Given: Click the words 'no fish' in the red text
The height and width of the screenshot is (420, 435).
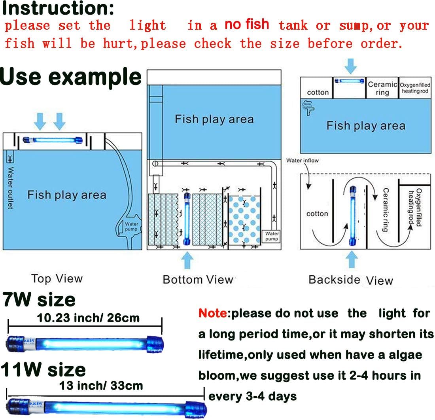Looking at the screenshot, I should (x=247, y=25).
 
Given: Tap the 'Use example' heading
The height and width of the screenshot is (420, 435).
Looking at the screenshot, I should (x=71, y=76).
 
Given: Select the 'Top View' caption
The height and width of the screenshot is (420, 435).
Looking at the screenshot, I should (x=57, y=278).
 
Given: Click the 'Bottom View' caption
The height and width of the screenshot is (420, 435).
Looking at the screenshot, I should (x=198, y=280).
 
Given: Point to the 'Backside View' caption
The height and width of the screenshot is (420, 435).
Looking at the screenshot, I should (x=350, y=280).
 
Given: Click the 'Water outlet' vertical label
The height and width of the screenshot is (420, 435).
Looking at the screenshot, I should (x=10, y=188).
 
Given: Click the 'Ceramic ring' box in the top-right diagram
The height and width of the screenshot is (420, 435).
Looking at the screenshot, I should (x=382, y=88).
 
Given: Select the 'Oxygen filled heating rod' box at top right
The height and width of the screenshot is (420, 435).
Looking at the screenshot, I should (x=415, y=88).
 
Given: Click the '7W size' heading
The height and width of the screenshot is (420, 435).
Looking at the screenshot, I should (x=39, y=299).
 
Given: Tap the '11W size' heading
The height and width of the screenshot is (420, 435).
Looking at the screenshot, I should (x=43, y=370).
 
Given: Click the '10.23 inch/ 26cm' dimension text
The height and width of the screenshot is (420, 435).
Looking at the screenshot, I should (x=88, y=318).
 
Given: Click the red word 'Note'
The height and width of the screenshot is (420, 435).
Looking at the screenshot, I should (x=213, y=314).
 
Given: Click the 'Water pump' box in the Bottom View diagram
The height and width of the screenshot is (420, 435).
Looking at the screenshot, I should (x=272, y=236).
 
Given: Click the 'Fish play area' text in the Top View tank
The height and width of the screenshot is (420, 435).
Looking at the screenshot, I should (x=66, y=195).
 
